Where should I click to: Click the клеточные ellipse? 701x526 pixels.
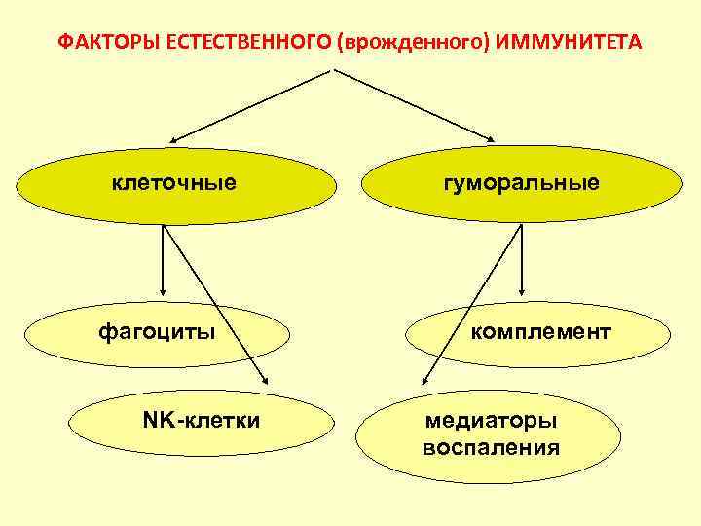click(x=175, y=185)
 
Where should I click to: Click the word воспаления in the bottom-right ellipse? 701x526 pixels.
click(x=491, y=448)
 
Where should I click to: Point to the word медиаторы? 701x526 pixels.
click(x=491, y=422)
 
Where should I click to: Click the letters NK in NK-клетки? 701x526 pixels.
click(x=156, y=421)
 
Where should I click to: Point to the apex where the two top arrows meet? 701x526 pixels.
click(x=335, y=69)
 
